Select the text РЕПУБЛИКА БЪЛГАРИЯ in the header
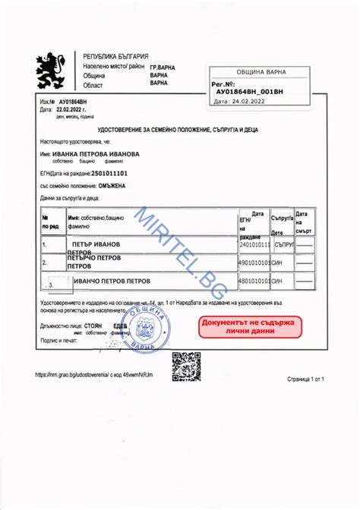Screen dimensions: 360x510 point(115,58)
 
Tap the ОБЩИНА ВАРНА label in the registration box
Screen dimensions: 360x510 point(261,72)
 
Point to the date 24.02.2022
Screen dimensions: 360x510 point(252,100)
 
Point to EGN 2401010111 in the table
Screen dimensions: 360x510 point(254,245)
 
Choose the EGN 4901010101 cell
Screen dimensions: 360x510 point(254,263)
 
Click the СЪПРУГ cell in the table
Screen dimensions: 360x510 point(283,245)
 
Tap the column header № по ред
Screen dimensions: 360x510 point(50,221)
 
